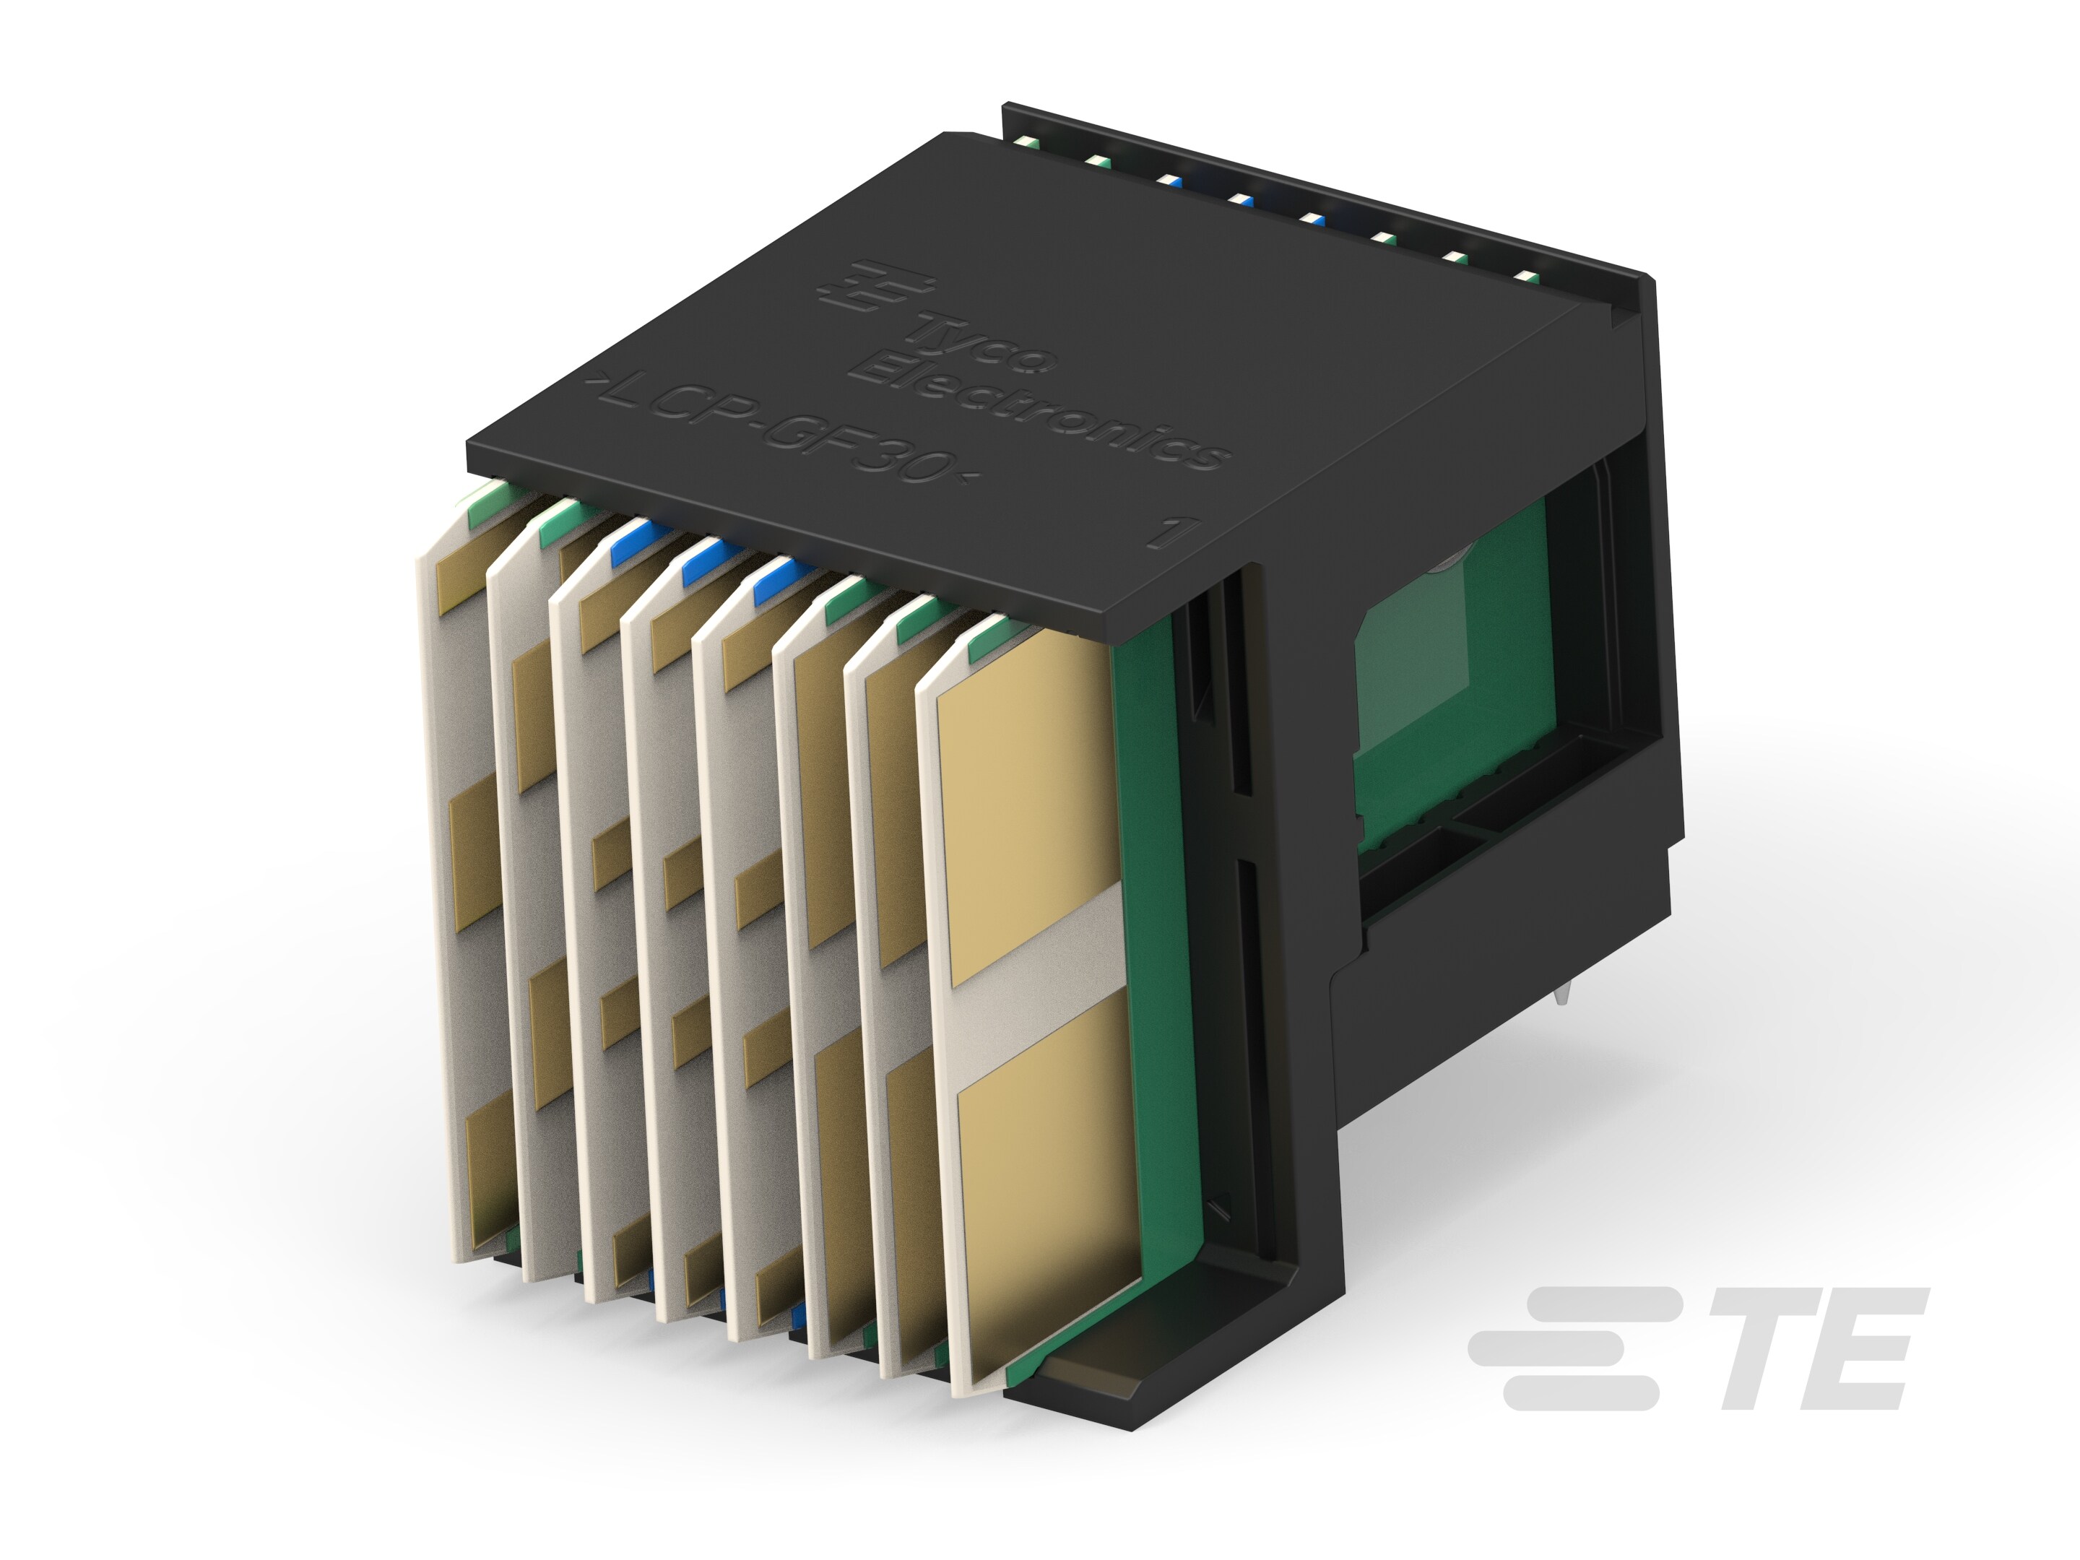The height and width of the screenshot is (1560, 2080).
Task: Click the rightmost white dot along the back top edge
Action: point(1527,278)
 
